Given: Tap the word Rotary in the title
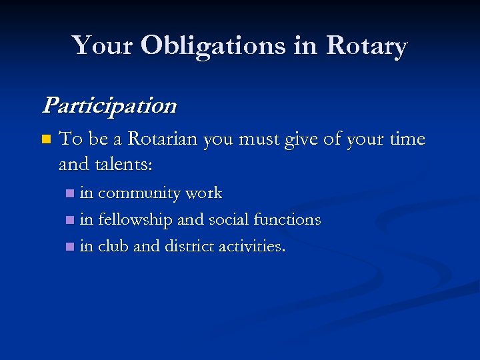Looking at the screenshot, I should click(x=366, y=46).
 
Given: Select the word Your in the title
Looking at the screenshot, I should click(x=105, y=46).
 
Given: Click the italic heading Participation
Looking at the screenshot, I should click(x=109, y=105).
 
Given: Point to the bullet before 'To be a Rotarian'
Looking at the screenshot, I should click(x=45, y=140).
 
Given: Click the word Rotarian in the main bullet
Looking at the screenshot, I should click(x=163, y=139).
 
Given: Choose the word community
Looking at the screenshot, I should click(x=139, y=193).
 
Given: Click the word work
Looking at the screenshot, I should click(x=203, y=193).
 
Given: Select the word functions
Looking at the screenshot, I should click(x=293, y=219).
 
